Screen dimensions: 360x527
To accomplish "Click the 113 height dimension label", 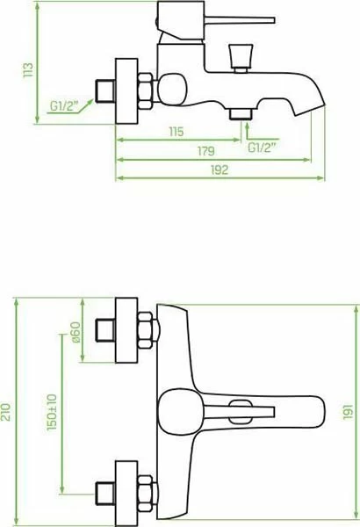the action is [x=28, y=70].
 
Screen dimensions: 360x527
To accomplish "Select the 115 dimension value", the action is [x=176, y=132].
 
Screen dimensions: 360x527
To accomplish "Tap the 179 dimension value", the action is [x=205, y=151].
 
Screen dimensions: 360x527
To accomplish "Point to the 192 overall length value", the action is [x=220, y=170].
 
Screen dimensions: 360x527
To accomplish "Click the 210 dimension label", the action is [x=7, y=412].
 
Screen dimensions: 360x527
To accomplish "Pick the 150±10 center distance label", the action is [x=52, y=413].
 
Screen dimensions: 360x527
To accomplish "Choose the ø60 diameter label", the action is [x=76, y=332].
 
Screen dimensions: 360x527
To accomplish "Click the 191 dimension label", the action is [x=349, y=412].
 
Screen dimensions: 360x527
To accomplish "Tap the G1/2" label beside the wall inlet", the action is [x=64, y=106].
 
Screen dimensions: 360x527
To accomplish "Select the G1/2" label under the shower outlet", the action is [x=262, y=148].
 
